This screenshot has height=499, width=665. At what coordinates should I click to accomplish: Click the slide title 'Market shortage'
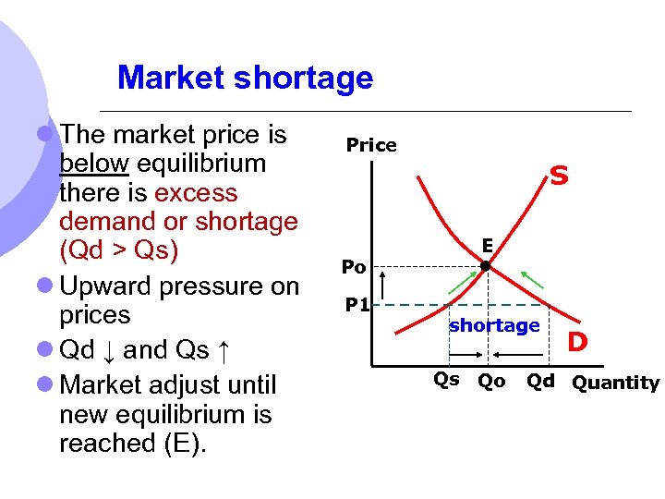click(245, 78)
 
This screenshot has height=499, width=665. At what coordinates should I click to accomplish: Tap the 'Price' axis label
click(371, 145)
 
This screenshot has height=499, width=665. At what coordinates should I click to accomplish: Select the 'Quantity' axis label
click(616, 383)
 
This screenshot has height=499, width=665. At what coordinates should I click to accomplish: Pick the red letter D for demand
click(577, 343)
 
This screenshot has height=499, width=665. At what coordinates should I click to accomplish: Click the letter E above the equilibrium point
click(486, 246)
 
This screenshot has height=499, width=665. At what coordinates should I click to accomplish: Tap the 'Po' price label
click(354, 267)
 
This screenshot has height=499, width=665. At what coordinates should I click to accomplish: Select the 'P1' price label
click(357, 304)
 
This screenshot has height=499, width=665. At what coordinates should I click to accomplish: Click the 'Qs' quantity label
click(446, 380)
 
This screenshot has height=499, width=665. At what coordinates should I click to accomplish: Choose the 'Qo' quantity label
click(490, 382)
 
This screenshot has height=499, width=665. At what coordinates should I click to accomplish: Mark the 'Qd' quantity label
click(540, 382)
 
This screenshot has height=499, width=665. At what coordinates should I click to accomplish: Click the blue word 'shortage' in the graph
click(494, 325)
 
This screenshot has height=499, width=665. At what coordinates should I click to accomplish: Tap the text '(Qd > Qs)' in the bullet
click(118, 250)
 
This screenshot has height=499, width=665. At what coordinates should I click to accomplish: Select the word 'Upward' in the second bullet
click(105, 286)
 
